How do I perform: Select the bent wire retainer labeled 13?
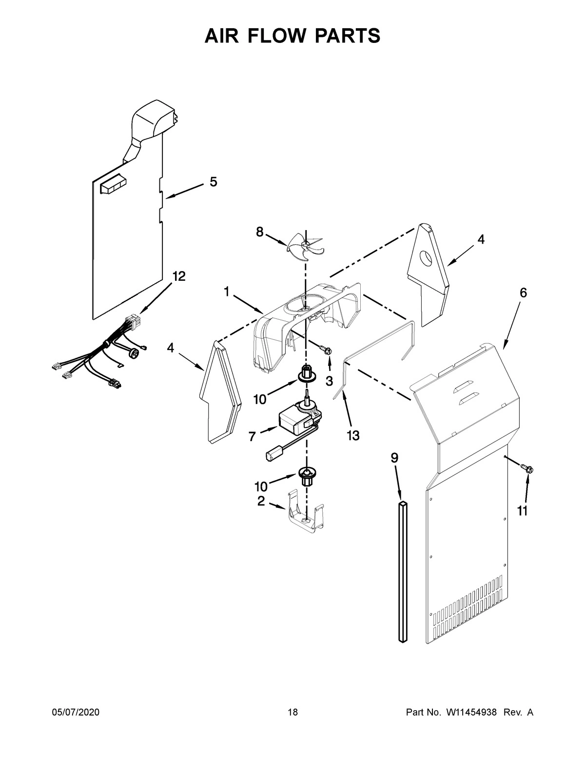[x=375, y=351]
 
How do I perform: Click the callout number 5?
[x=214, y=182]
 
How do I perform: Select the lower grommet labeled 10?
[x=306, y=475]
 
